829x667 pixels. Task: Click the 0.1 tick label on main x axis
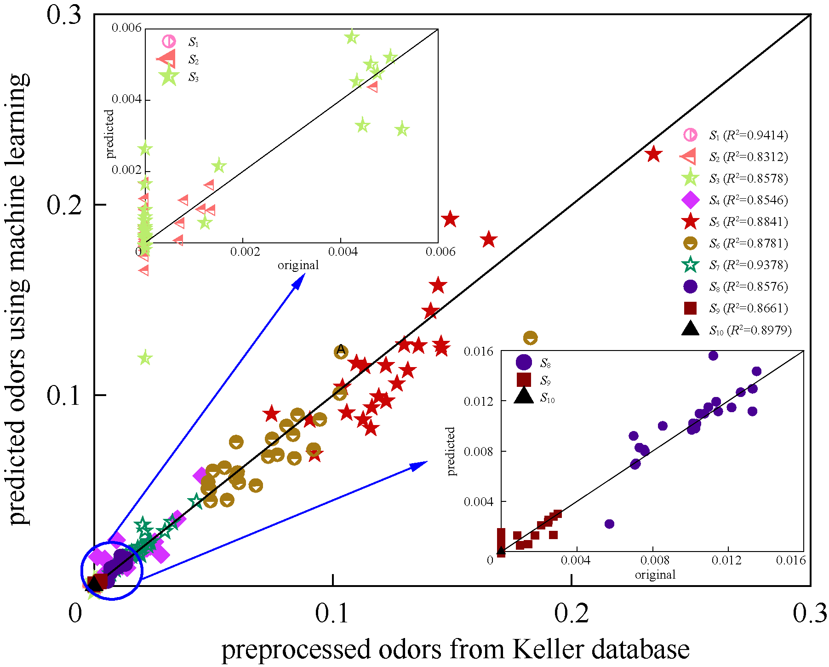click(x=332, y=613)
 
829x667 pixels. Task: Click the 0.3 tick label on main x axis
click(x=810, y=613)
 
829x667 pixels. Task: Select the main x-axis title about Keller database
click(x=455, y=650)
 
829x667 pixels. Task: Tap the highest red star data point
click(x=653, y=154)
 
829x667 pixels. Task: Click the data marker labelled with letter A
click(x=341, y=351)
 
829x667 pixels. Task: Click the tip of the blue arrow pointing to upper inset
click(x=304, y=275)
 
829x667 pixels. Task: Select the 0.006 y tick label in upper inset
click(x=126, y=28)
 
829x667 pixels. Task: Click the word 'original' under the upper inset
click(x=298, y=265)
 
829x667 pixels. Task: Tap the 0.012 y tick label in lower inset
click(x=478, y=402)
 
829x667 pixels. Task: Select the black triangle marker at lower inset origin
click(x=501, y=550)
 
